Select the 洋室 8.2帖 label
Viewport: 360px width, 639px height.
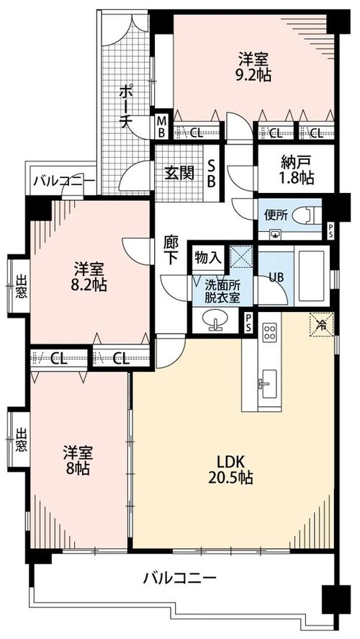(90, 277)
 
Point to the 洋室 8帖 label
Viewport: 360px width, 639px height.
(78, 460)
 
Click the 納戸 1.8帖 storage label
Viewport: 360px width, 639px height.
(297, 170)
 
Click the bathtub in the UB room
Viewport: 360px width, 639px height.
(311, 275)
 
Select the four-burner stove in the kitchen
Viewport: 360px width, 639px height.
(269, 331)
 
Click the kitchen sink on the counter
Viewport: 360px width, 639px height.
(268, 384)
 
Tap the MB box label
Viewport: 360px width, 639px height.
(162, 126)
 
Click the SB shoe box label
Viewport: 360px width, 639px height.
(212, 173)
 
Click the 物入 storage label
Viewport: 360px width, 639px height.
(207, 257)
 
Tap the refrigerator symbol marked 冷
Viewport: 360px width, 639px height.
(322, 324)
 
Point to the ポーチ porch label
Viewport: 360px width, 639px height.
(127, 107)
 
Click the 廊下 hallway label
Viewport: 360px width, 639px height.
(170, 250)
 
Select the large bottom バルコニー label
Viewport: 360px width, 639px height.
(179, 578)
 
